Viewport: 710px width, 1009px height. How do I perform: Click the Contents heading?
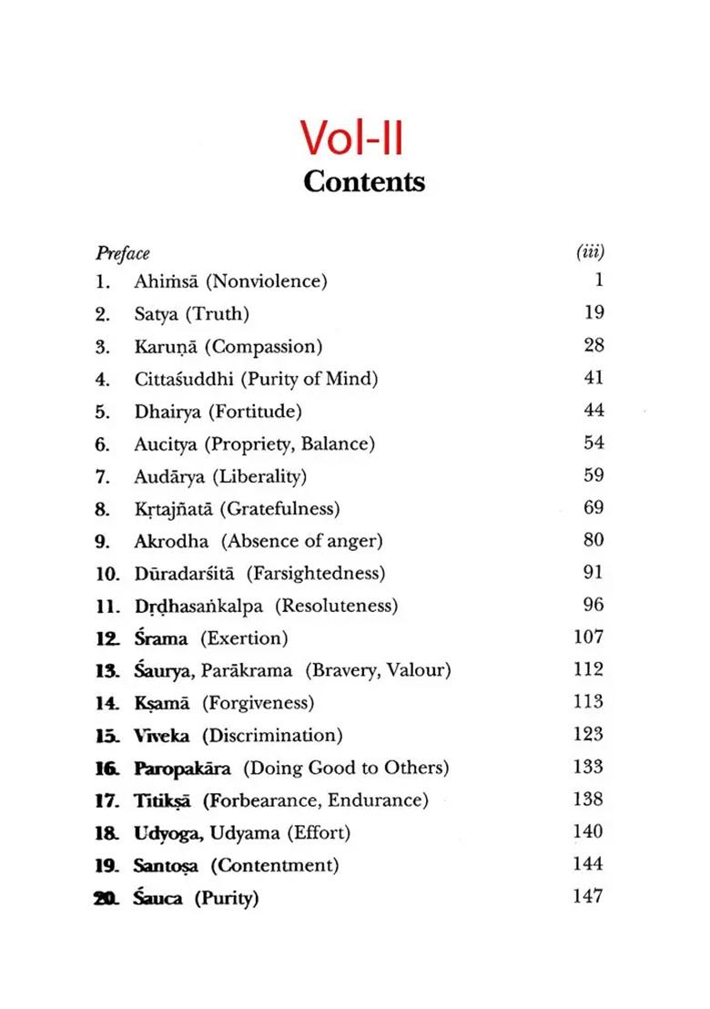[x=363, y=181]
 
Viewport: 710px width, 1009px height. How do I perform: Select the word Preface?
[x=122, y=253]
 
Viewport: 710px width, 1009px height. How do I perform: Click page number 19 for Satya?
[x=593, y=313]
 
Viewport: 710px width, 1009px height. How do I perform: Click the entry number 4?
[x=102, y=379]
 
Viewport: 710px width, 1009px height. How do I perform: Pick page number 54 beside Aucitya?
[x=593, y=443]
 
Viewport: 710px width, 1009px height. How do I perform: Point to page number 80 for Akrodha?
[x=593, y=540]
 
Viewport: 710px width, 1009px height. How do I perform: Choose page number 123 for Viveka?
[x=588, y=734]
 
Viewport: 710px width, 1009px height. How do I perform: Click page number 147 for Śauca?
[x=588, y=897]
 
